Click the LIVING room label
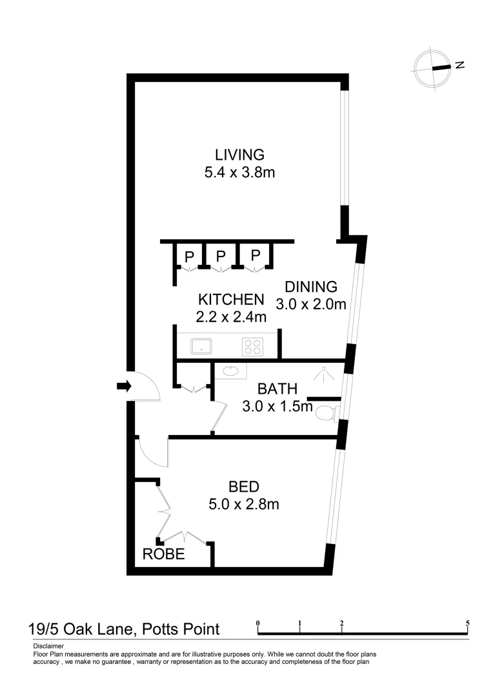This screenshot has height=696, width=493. (240, 155)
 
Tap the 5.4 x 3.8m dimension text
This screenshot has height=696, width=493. (240, 173)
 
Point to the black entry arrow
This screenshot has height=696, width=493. (123, 386)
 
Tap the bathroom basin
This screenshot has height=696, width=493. (229, 371)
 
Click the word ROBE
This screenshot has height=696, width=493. (165, 554)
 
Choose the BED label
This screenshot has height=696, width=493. (244, 487)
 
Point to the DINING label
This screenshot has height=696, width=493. (312, 287)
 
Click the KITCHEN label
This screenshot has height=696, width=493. (231, 299)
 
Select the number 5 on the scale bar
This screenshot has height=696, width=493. (467, 623)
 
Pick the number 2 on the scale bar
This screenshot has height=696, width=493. (341, 623)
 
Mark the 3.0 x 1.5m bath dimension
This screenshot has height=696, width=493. (277, 407)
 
